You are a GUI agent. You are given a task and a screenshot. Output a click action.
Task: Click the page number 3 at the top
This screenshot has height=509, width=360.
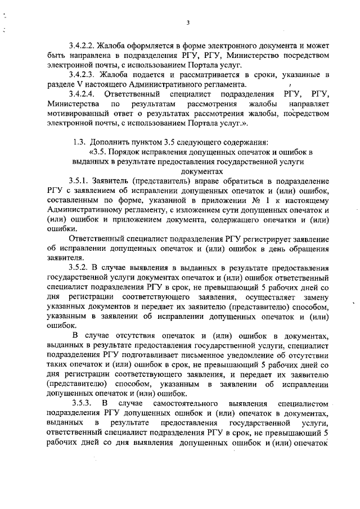coord(188,22)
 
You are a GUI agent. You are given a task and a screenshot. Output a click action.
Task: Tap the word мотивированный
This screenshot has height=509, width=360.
coord(78,113)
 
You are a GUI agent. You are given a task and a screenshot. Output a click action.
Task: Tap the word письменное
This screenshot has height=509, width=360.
coord(208,356)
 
